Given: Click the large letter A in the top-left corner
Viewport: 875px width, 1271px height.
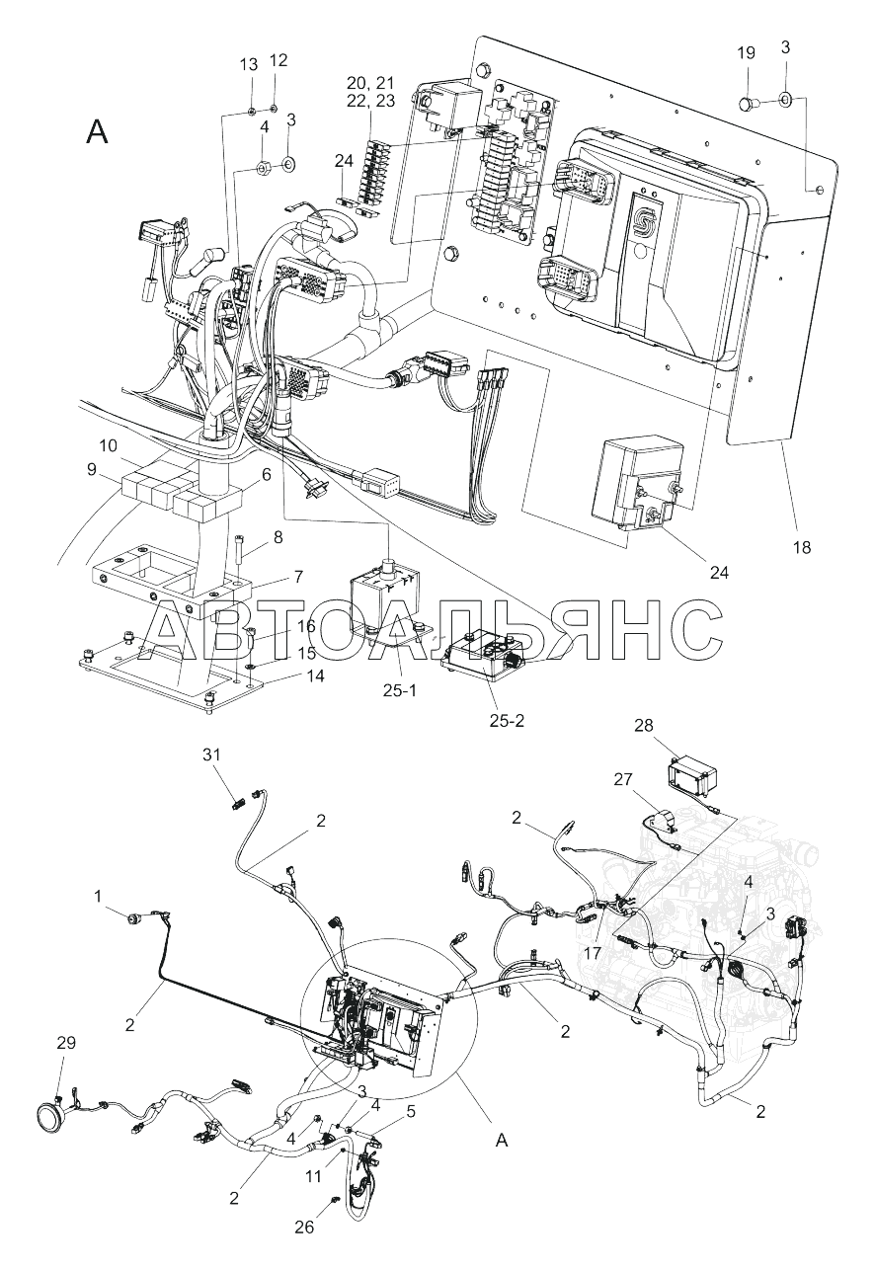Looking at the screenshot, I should tap(97, 131).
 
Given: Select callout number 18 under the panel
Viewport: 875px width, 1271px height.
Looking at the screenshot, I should tap(801, 545).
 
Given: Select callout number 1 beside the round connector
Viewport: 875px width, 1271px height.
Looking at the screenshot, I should tap(98, 895).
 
